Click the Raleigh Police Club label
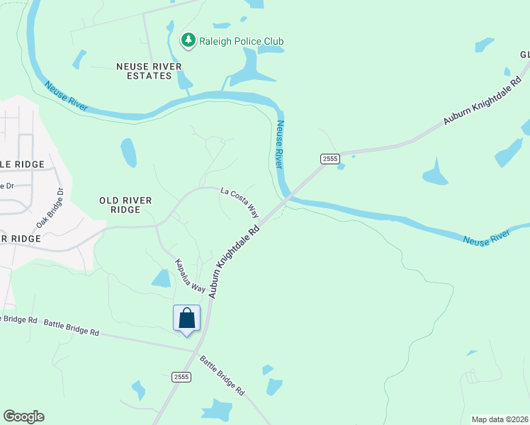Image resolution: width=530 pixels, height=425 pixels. click(x=241, y=41)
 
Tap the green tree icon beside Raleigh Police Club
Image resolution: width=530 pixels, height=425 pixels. click(x=188, y=41)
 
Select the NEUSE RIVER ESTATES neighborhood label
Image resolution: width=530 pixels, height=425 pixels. click(x=149, y=71)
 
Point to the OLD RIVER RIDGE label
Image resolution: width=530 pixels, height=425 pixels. click(x=126, y=205)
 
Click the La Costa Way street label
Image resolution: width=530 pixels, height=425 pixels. click(x=239, y=202)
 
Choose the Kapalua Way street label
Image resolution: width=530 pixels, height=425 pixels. click(x=191, y=276)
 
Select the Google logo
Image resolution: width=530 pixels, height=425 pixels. click(x=23, y=416)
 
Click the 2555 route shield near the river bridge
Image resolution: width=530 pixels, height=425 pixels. click(x=329, y=159)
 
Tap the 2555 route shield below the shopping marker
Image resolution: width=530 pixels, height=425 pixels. click(x=181, y=377)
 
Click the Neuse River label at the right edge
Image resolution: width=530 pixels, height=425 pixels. click(x=486, y=237)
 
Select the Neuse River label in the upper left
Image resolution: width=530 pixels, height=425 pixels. click(x=65, y=96)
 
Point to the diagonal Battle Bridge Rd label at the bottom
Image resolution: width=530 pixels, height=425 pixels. click(x=222, y=375)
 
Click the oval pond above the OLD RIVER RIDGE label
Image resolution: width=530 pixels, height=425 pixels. click(x=129, y=152)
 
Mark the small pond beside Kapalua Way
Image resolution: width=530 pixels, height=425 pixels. click(x=161, y=278)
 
